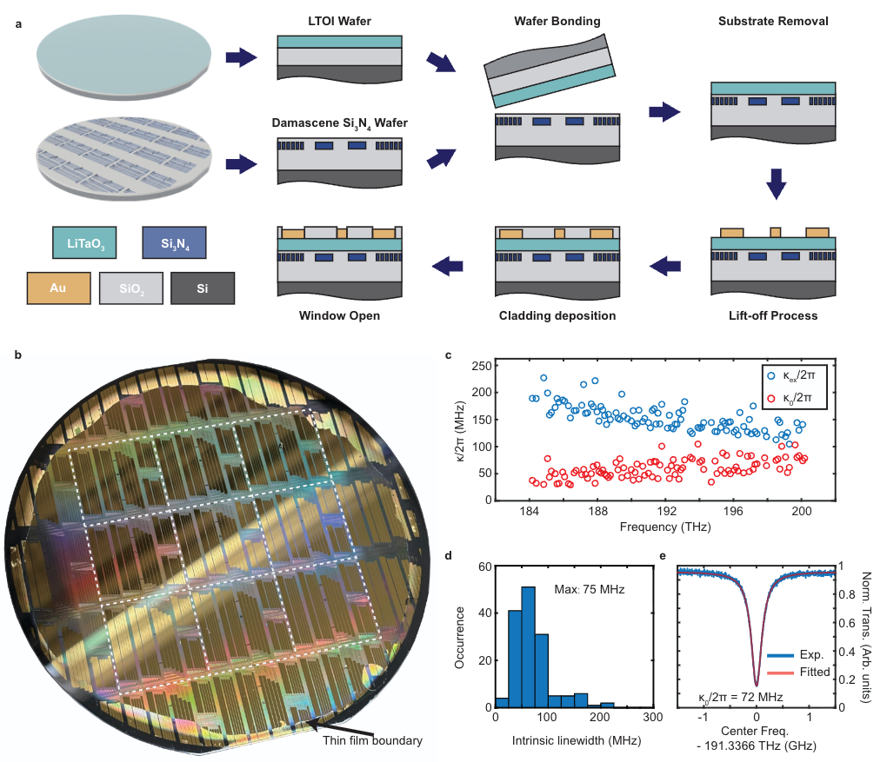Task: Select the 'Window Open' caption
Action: point(339,315)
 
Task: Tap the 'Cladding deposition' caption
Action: point(557,315)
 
